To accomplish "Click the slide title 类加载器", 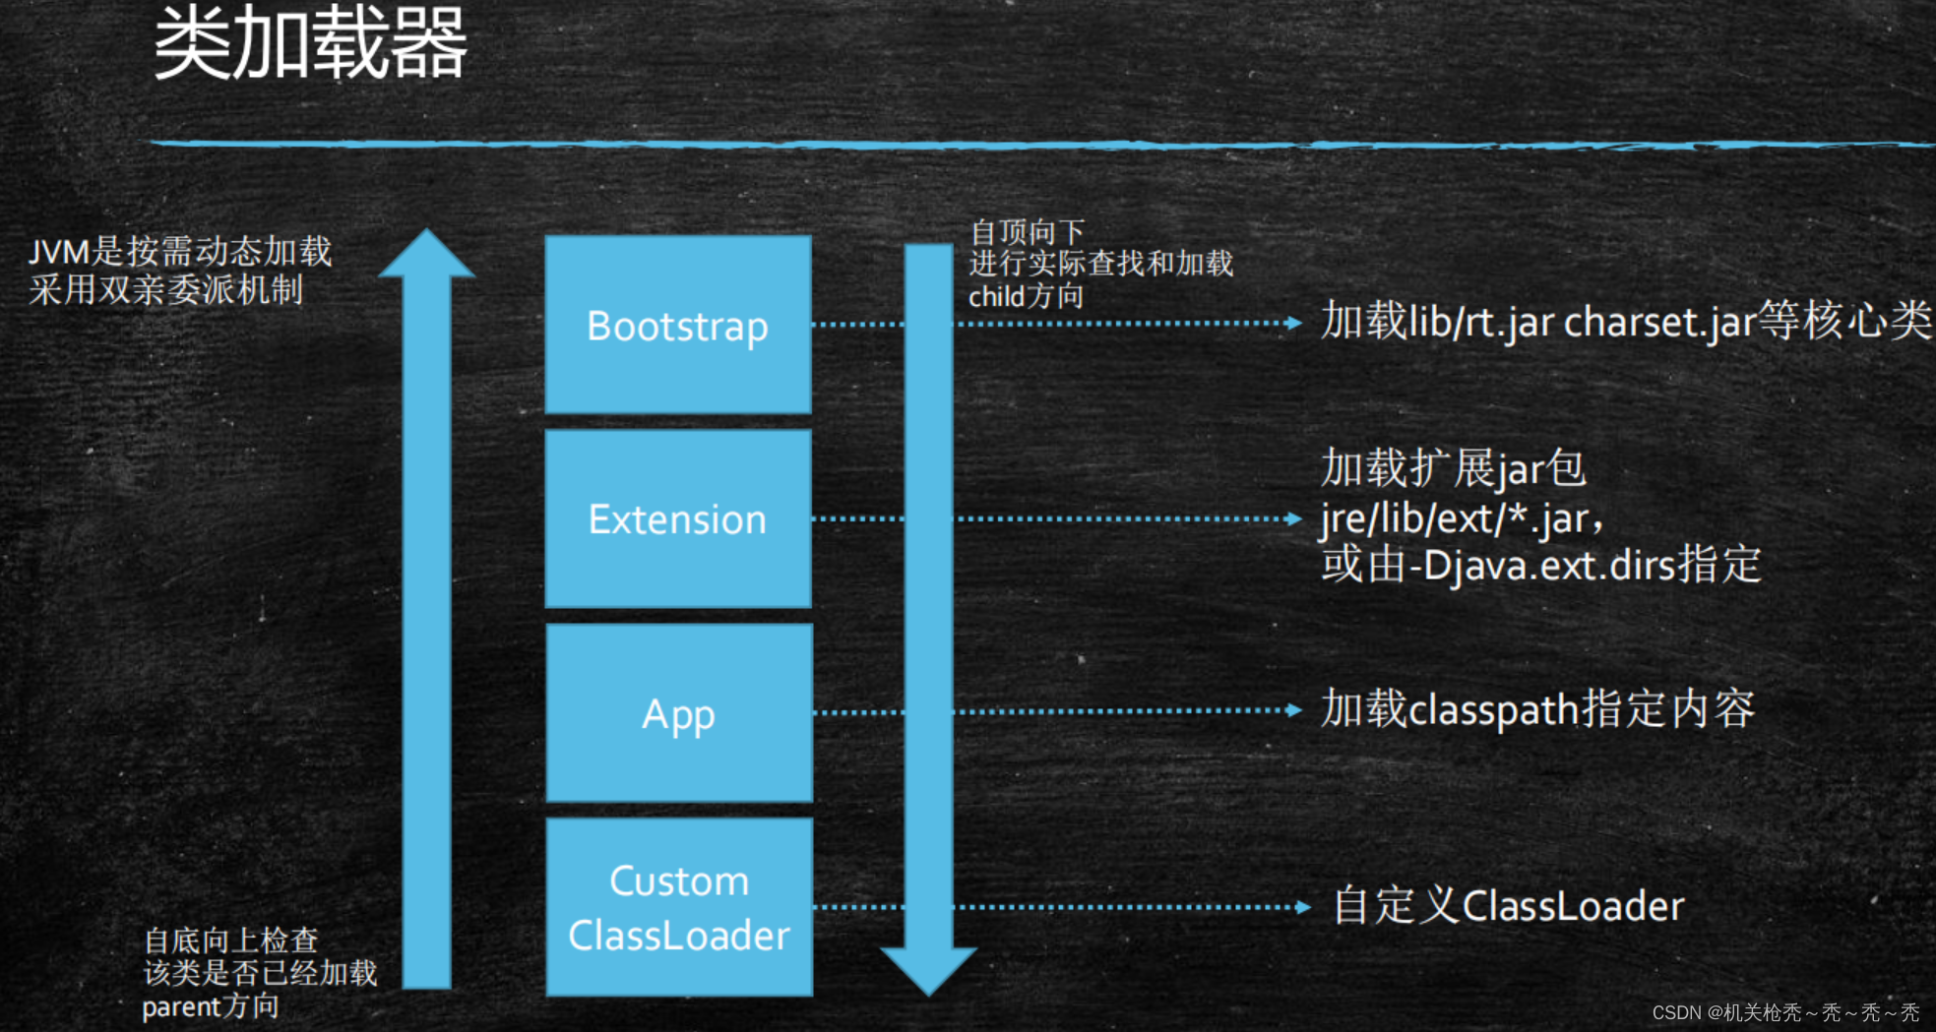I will tap(310, 43).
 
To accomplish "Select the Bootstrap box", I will tap(678, 325).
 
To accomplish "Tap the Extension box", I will tap(678, 518).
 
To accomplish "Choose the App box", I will tap(678, 713).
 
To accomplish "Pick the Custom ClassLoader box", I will tap(678, 907).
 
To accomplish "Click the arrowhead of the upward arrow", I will tap(427, 254).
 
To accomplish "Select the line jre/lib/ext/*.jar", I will tap(1462, 517).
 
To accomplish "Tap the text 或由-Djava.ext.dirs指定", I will tap(1540, 565).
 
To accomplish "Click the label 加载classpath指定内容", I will tap(1536, 709).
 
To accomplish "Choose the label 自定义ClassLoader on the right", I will tap(1508, 906).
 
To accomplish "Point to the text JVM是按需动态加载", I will tap(180, 252).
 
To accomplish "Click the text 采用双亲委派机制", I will tap(165, 290).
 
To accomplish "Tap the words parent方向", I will tap(210, 1006).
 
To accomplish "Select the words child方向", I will tap(1026, 296).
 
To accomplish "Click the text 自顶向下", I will tap(1028, 232).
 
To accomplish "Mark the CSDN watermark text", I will tap(1784, 1012).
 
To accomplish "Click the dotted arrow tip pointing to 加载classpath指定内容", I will tap(1295, 710).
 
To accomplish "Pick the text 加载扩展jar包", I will tap(1453, 468).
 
